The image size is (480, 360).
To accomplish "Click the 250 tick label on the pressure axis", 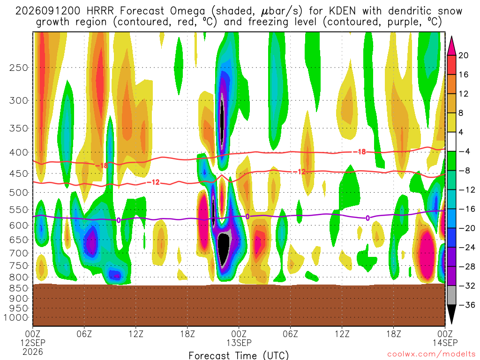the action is (x=19, y=67).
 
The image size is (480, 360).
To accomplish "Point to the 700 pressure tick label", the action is (x=19, y=253).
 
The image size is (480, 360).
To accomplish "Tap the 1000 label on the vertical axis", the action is (x=16, y=317).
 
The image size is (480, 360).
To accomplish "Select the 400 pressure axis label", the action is (x=19, y=152).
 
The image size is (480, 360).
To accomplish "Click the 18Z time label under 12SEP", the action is (x=187, y=334).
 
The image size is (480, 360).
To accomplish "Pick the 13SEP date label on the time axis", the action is (x=239, y=343).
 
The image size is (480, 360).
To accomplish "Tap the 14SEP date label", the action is (x=445, y=343).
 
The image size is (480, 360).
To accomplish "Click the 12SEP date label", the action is (x=33, y=343).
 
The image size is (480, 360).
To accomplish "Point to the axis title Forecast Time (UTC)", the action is (x=239, y=355).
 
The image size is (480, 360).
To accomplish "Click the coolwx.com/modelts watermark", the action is (x=431, y=354).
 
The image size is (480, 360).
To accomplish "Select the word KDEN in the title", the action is (x=342, y=11).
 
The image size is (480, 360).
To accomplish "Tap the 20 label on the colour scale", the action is (x=463, y=55).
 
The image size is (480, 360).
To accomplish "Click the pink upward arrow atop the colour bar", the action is (x=451, y=46).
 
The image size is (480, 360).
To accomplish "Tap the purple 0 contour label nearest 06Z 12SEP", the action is (x=119, y=220).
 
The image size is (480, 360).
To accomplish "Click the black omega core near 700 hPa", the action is (x=225, y=247).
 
